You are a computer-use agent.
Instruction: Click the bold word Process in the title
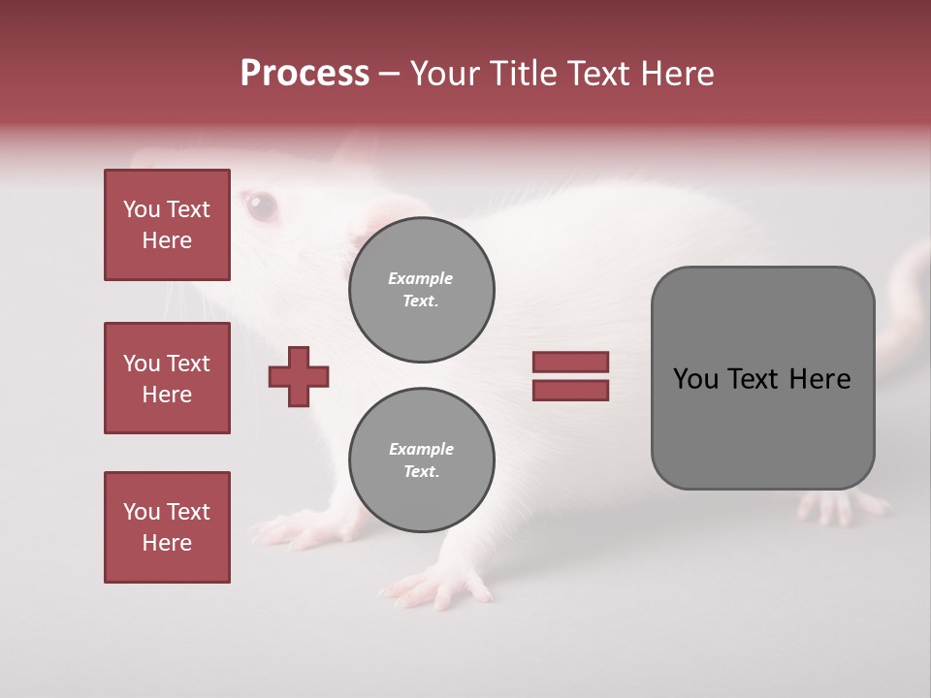[305, 74]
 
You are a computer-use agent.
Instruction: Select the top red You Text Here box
[167, 225]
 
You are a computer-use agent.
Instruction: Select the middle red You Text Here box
[167, 378]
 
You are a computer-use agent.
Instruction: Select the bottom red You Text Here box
[167, 527]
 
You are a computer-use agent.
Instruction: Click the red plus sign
[299, 376]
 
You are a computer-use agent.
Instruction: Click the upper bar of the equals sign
[570, 363]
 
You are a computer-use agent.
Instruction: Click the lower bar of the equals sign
[570, 391]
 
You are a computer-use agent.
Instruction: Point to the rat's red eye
[260, 205]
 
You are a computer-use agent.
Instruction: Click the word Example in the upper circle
[421, 278]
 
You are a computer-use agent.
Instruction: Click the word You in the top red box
[142, 209]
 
